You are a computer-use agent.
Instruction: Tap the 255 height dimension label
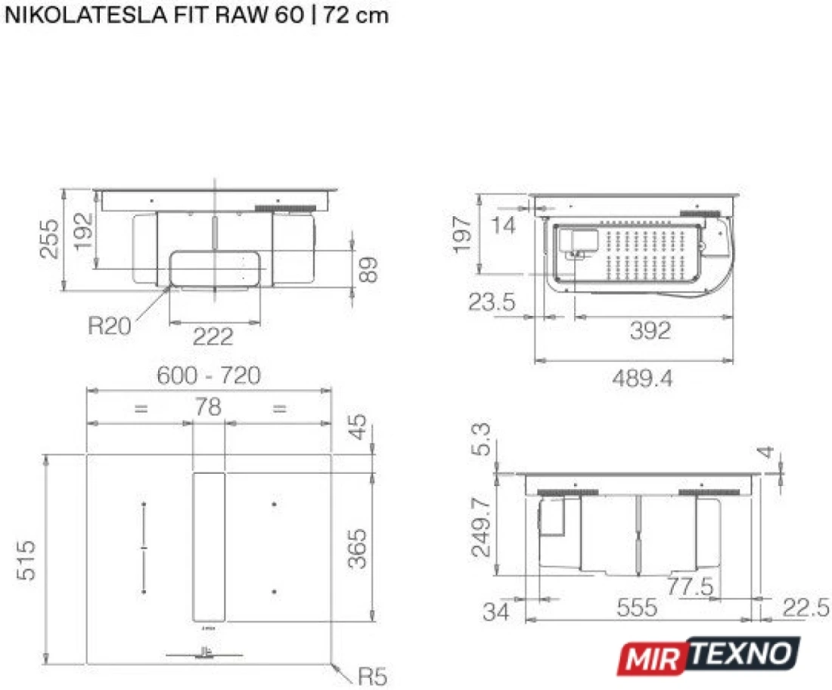[49, 239]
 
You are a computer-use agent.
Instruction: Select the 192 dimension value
[82, 231]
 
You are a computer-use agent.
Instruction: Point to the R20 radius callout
[110, 325]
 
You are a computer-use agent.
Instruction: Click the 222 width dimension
[213, 336]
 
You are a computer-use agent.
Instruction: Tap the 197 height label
[462, 234]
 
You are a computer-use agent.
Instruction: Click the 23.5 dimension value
[492, 302]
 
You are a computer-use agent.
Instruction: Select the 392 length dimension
[650, 330]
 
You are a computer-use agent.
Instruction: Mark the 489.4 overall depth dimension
[642, 378]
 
